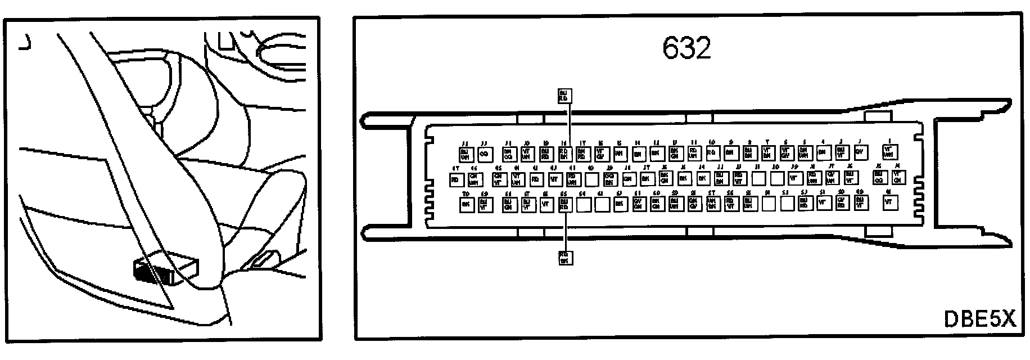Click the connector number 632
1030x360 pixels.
coord(686,48)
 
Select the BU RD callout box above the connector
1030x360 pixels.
coord(564,95)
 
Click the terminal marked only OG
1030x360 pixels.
coord(485,153)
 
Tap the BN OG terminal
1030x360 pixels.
coord(508,153)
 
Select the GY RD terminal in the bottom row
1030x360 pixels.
coord(842,203)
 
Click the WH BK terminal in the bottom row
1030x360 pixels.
coord(711,204)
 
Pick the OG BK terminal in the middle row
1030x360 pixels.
coord(609,179)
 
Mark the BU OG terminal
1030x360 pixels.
coord(879,178)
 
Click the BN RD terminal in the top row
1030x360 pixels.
coord(582,152)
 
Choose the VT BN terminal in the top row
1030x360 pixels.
coord(767,152)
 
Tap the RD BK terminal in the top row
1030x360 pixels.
coord(564,153)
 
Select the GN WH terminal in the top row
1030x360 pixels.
coord(804,152)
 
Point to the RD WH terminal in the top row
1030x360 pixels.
coord(694,152)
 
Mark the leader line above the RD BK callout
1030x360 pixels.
coord(564,231)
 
